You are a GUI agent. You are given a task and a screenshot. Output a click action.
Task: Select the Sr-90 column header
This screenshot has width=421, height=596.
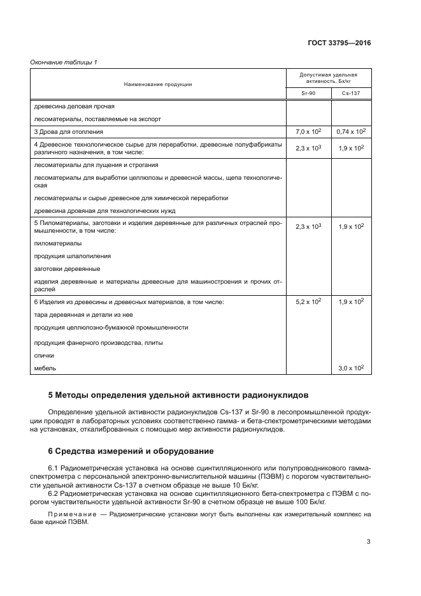[308, 93]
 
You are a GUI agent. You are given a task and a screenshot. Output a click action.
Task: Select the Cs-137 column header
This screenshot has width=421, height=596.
[350, 93]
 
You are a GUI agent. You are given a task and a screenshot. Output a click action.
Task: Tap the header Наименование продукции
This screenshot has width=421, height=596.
[159, 84]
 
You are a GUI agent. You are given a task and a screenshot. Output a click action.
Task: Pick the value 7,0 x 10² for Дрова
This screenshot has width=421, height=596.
[308, 131]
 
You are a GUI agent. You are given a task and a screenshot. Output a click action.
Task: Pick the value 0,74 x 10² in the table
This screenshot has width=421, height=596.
[350, 131]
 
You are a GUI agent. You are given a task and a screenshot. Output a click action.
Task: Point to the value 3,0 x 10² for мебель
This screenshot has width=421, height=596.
[350, 368]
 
